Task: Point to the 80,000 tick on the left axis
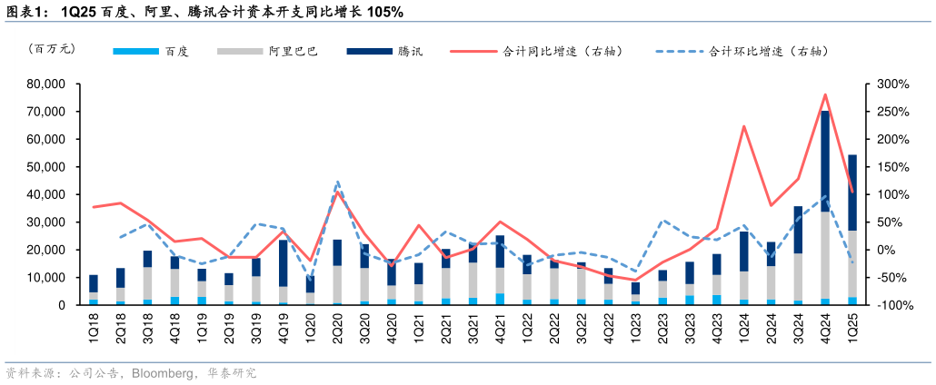click(x=45, y=84)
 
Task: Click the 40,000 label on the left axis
click(x=45, y=194)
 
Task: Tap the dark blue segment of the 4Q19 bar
click(x=284, y=263)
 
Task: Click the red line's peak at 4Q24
click(x=825, y=94)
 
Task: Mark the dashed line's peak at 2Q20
click(x=337, y=182)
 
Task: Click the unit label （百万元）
click(x=52, y=50)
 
